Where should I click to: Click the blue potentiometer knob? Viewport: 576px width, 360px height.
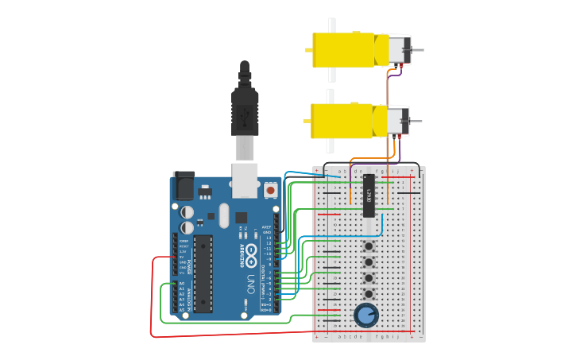pyautogui.click(x=365, y=315)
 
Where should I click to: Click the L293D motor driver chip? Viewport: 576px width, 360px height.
pyautogui.click(x=369, y=195)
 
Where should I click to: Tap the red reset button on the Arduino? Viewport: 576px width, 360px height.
pyautogui.click(x=271, y=191)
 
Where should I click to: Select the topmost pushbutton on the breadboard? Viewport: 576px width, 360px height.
pyautogui.click(x=369, y=246)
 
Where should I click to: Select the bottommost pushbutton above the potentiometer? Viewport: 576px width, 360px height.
pyautogui.click(x=369, y=292)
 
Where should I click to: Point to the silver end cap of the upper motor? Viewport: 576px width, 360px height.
pyautogui.click(x=400, y=50)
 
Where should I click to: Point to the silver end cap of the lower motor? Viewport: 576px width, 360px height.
pyautogui.click(x=398, y=122)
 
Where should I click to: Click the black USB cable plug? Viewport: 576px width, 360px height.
pyautogui.click(x=245, y=111)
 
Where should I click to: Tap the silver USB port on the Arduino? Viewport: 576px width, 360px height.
pyautogui.click(x=245, y=179)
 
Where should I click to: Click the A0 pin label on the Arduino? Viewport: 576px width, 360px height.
pyautogui.click(x=181, y=283)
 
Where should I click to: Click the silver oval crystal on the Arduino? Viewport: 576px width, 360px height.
pyautogui.click(x=223, y=215)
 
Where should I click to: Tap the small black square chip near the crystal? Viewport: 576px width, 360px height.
pyautogui.click(x=241, y=217)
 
